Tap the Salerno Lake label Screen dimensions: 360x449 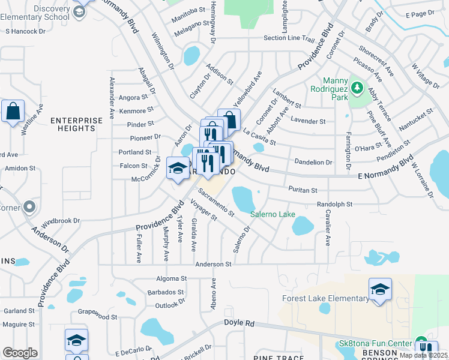pos(273,214)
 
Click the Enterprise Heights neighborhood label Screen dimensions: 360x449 pos(77,124)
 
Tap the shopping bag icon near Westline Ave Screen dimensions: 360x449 pos(13,111)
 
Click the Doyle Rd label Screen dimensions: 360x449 pos(240,323)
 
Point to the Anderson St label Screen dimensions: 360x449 pos(212,264)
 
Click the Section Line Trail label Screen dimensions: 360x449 pos(289,38)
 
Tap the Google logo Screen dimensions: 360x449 pos(20,353)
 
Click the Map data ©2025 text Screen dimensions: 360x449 pos(423,355)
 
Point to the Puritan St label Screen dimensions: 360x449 pos(303,190)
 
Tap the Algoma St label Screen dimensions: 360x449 pos(171,278)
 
